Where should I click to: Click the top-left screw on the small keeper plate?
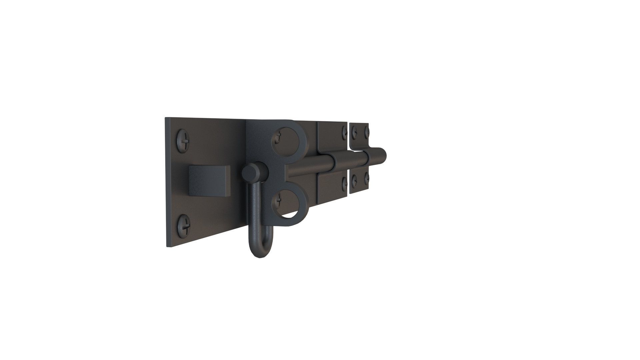click(355, 131)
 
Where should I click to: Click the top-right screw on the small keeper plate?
click(367, 131)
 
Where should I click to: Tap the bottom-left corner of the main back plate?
click(168, 246)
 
